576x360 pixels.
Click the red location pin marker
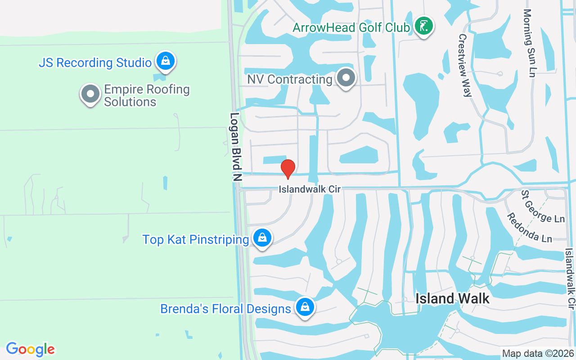click(288, 169)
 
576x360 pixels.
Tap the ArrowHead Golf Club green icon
click(423, 27)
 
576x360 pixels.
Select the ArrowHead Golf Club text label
click(351, 27)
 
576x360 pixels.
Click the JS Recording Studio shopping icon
click(166, 61)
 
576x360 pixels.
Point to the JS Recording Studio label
click(95, 63)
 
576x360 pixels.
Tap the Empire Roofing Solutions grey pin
click(90, 94)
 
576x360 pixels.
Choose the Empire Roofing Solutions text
click(147, 95)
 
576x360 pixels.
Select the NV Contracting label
click(290, 80)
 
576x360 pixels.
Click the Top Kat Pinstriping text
click(196, 239)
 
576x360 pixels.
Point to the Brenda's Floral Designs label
click(225, 309)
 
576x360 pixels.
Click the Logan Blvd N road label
click(235, 147)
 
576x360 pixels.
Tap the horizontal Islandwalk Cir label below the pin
click(309, 189)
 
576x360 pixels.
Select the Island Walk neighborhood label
click(452, 298)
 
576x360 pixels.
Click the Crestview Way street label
click(464, 65)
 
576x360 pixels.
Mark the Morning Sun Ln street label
click(528, 43)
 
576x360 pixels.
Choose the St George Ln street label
click(543, 207)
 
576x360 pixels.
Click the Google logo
click(31, 349)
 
